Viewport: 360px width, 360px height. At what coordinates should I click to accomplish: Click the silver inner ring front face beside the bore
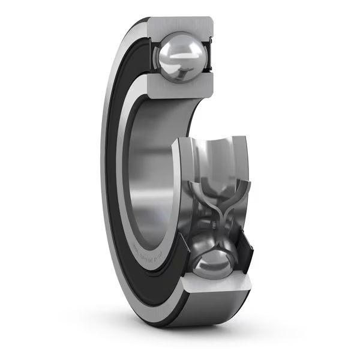click(128, 198)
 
